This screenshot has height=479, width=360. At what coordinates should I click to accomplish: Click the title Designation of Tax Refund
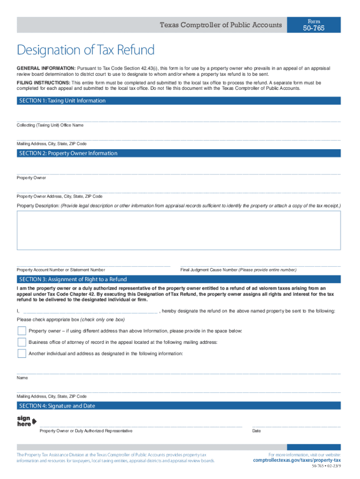86,50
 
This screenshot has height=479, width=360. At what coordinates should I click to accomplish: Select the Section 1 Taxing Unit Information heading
62,101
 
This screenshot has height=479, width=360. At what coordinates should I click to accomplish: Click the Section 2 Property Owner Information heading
68,153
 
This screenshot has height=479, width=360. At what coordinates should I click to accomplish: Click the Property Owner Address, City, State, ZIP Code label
60,196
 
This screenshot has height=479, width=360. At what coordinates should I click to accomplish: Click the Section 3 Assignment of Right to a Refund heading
73,279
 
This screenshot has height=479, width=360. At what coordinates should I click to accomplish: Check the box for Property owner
22,331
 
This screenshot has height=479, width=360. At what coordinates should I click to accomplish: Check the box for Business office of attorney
22,342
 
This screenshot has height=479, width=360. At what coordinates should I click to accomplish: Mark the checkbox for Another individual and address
22,353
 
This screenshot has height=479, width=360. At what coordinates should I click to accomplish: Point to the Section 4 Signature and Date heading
57,406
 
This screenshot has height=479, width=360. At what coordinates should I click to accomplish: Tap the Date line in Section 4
296,426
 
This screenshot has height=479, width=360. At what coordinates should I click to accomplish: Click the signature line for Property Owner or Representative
140,426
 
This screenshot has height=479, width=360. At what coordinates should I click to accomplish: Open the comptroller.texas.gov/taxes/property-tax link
297,460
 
